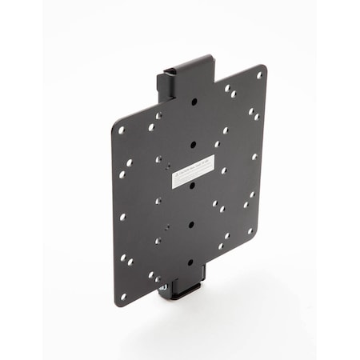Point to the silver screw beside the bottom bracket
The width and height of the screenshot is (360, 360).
[162, 286]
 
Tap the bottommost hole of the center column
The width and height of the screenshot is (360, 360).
[189, 261]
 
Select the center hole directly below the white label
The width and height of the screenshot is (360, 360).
[192, 185]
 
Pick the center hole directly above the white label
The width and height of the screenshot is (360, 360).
[193, 145]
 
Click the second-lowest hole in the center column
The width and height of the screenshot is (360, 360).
[190, 225]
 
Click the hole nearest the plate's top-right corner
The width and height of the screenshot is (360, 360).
[258, 76]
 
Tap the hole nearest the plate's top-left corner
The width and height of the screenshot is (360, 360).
[122, 129]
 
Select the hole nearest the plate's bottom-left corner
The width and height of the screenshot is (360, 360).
[122, 295]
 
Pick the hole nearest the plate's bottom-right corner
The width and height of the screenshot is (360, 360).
[250, 230]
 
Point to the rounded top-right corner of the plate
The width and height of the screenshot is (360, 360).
[264, 67]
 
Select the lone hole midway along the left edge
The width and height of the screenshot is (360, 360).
[122, 216]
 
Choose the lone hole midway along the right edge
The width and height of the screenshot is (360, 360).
[254, 156]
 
